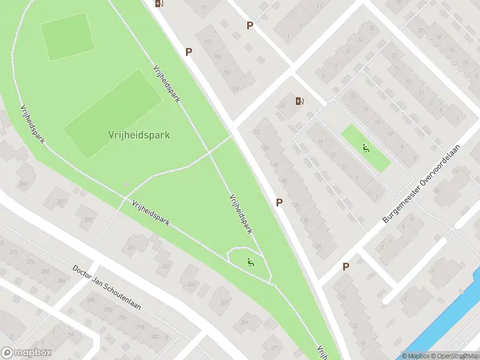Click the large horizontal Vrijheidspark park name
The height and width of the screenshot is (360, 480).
click(139, 135)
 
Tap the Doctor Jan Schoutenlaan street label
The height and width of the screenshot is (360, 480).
click(106, 288)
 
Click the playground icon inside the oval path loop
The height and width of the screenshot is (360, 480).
click(251, 262)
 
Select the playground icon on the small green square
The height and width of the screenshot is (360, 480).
click(365, 148)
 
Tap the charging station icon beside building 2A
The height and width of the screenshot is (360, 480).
click(299, 101)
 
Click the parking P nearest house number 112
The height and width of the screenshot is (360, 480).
click(188, 52)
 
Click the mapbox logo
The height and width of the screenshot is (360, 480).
click(26, 353)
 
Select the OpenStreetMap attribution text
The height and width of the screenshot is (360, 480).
click(458, 356)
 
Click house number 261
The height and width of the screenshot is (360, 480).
click(131, 247)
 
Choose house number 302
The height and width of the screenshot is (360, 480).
click(155, 336)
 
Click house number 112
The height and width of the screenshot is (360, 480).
click(209, 41)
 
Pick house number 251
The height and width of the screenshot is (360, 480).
click(60, 202)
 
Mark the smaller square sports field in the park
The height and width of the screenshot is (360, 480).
click(68, 37)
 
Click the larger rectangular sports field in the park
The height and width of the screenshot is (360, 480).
click(112, 114)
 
